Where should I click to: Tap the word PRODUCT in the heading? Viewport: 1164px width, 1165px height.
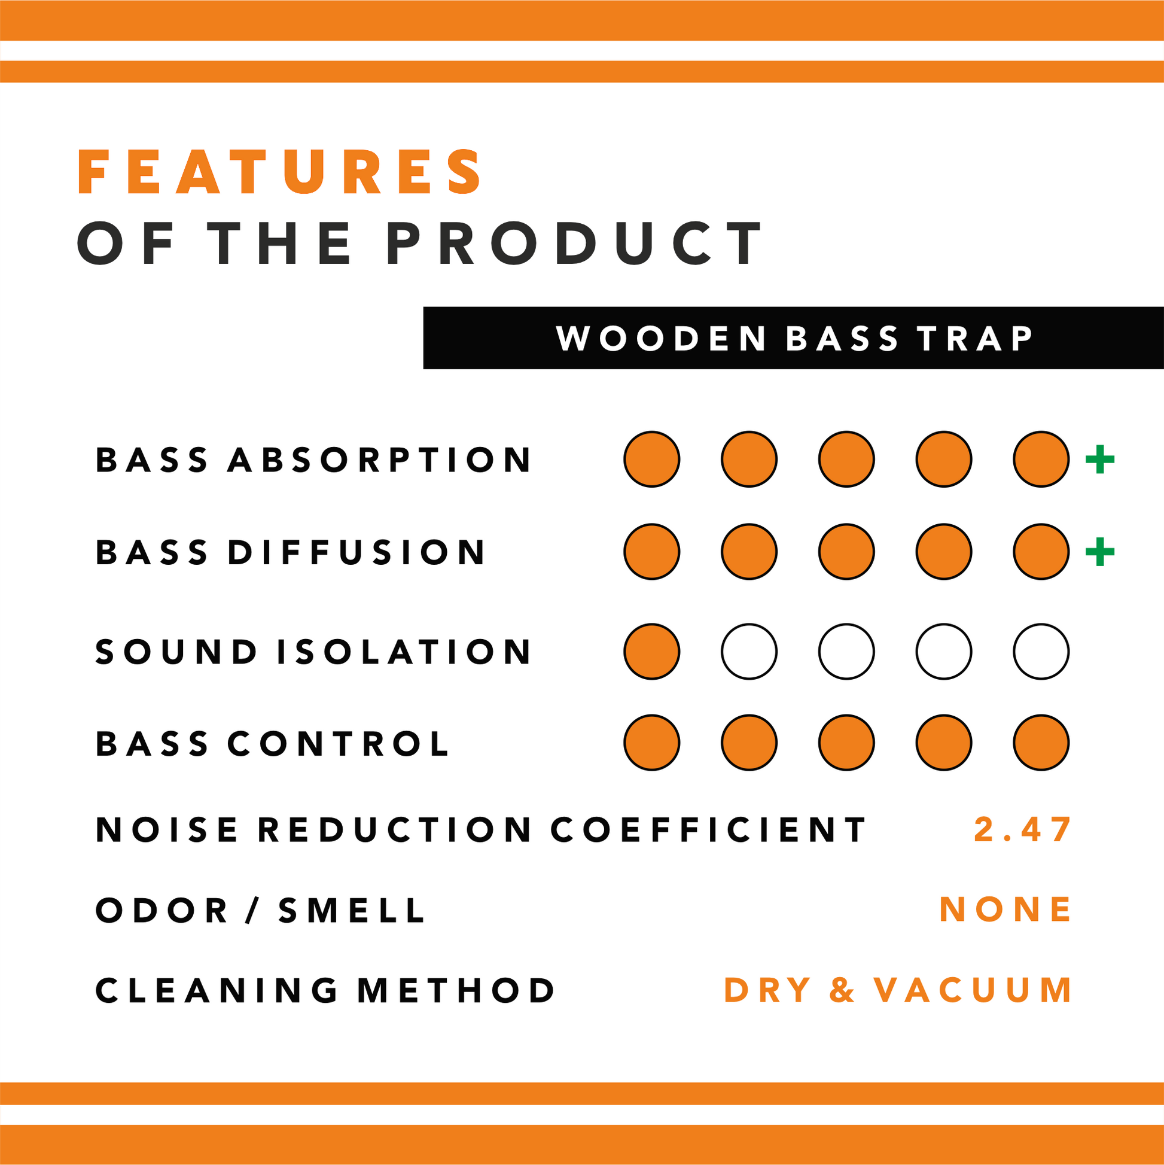[574, 243]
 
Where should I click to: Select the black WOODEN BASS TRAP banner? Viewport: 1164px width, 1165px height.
[793, 337]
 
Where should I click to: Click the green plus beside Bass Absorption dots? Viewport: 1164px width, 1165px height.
[1099, 460]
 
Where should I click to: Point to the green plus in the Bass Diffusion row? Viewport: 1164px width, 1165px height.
[1099, 552]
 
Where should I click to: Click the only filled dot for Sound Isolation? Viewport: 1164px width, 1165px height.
[651, 651]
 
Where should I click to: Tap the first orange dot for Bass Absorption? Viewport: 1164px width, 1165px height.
[651, 459]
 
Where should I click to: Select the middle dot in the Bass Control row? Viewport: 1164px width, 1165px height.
[846, 743]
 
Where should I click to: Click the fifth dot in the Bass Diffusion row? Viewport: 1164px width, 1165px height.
[1041, 552]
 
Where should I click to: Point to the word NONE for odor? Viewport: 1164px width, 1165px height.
[1005, 910]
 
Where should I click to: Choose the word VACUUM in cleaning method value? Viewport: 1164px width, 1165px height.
[973, 990]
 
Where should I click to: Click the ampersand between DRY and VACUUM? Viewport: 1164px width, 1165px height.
[842, 990]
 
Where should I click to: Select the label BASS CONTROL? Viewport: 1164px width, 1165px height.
[273, 744]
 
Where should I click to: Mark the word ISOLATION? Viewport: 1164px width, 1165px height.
[404, 652]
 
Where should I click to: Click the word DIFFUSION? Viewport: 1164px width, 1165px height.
[357, 552]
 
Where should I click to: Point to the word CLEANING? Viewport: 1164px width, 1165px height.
[217, 990]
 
